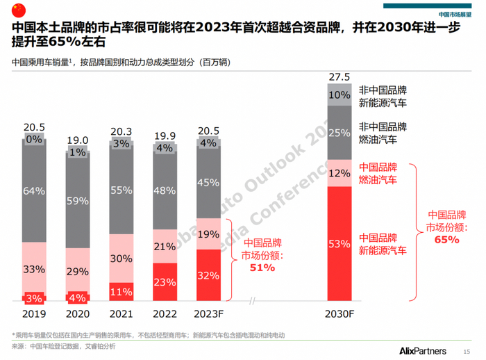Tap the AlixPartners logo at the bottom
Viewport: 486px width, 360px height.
click(426, 348)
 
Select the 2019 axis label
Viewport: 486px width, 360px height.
click(34, 313)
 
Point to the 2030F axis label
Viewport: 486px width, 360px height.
click(340, 313)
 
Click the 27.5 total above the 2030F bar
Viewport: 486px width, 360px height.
click(340, 76)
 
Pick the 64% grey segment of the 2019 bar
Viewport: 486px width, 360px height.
click(34, 190)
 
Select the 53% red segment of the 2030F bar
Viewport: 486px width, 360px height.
click(340, 245)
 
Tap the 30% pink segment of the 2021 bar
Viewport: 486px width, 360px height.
click(121, 259)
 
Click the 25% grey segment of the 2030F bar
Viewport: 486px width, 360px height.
click(340, 133)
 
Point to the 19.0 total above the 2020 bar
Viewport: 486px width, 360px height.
click(78, 140)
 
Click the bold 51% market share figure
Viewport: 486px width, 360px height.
click(258, 268)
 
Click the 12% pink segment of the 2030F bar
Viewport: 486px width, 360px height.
click(340, 174)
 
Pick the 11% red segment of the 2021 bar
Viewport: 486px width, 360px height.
click(121, 292)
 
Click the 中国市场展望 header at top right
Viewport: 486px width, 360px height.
click(454, 14)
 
